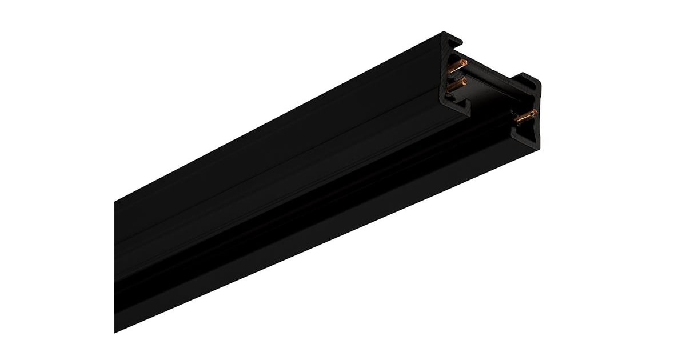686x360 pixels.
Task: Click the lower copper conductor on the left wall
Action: pos(456,85)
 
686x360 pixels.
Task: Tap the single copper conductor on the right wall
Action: pos(525,117)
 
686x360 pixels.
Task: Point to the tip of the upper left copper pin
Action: pos(464,62)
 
